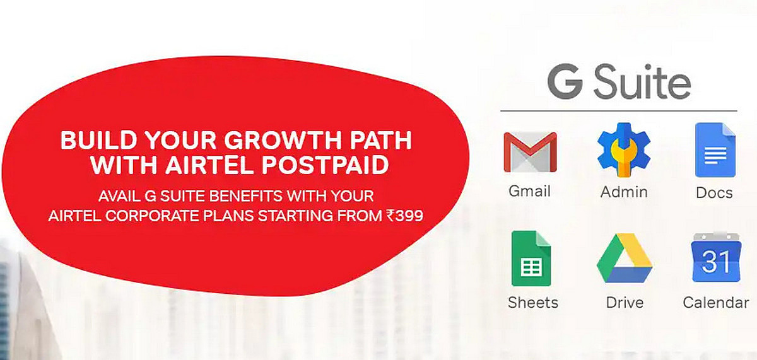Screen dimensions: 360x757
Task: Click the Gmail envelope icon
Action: coord(530,152)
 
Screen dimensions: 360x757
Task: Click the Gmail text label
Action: coord(530,191)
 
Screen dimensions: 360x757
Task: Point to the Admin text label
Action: coord(624,191)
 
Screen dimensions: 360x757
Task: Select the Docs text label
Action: coord(714,192)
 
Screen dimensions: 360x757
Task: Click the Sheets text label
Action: coord(533,303)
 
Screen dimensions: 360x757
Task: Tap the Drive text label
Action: coord(625,303)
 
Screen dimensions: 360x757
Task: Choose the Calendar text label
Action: coord(715,303)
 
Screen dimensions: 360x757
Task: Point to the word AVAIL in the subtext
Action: coord(118,196)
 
